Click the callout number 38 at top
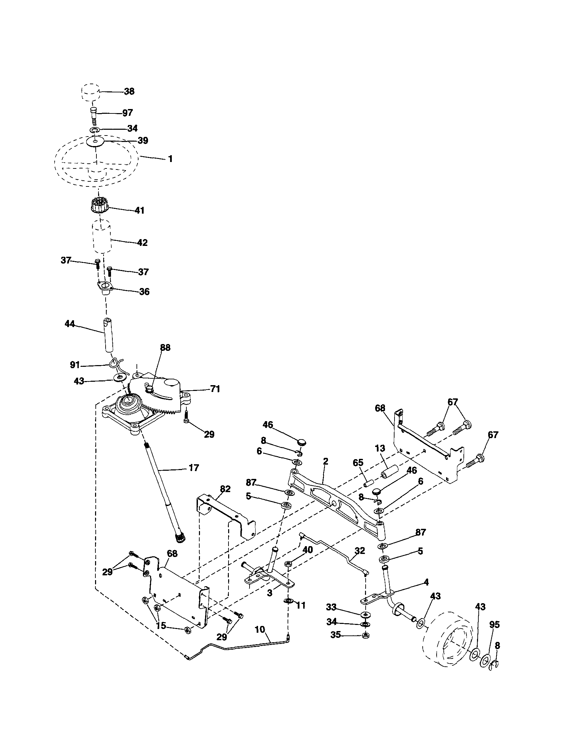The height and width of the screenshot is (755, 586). [x=129, y=92]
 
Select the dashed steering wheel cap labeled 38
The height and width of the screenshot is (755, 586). [x=91, y=92]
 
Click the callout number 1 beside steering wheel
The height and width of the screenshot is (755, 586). [x=170, y=159]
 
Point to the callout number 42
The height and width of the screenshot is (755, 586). [x=142, y=243]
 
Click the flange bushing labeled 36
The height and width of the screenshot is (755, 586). [x=105, y=288]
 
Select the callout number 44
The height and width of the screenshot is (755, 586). [x=70, y=324]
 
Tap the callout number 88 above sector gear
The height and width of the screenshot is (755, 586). [x=165, y=348]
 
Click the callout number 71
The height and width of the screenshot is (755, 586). [x=215, y=389]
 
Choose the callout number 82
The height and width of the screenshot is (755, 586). [x=225, y=489]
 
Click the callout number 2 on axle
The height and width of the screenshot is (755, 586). [x=325, y=462]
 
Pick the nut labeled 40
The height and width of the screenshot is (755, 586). [x=288, y=564]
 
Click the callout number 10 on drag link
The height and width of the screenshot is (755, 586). [x=260, y=630]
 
